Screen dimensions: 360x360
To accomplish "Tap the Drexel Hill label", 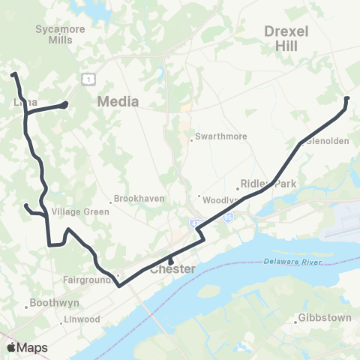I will [282, 37].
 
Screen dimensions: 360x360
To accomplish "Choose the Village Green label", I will [81, 211].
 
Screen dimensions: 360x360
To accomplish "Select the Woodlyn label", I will [222, 199].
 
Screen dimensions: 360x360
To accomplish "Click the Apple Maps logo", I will [28, 347].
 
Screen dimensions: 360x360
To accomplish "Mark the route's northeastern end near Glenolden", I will [346, 98].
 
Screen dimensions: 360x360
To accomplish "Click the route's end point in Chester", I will [171, 262].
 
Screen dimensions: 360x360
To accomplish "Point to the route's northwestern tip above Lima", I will [13, 74].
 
